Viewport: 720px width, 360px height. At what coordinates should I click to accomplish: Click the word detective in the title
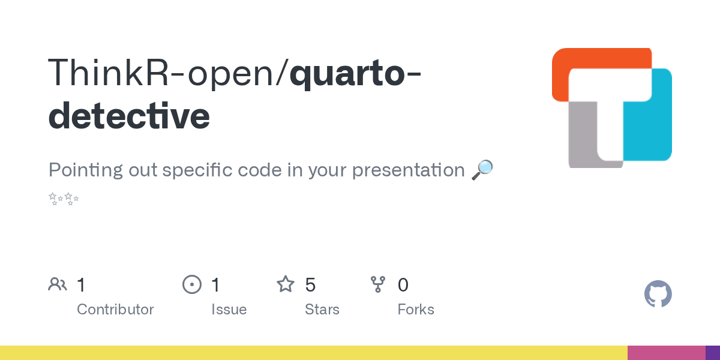click(x=129, y=115)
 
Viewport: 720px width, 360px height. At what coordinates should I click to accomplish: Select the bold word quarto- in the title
click(x=355, y=74)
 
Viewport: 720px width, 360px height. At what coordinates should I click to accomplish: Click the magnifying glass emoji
click(x=482, y=170)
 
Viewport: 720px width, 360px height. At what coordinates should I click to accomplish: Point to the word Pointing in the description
click(x=85, y=170)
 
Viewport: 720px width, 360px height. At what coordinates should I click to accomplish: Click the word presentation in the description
click(x=408, y=170)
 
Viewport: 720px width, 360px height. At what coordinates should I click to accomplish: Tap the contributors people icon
click(x=58, y=284)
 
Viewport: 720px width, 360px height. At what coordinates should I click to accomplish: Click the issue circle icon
click(x=192, y=284)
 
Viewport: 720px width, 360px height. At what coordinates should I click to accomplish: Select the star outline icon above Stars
click(x=286, y=284)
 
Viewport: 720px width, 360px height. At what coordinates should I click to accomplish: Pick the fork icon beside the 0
click(x=378, y=284)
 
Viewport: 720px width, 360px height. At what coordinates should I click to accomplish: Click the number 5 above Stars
click(x=310, y=285)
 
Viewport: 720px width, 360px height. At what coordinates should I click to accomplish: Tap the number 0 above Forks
click(x=403, y=285)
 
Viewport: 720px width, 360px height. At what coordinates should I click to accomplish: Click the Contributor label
click(x=115, y=310)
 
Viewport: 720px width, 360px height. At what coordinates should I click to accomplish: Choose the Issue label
click(x=229, y=310)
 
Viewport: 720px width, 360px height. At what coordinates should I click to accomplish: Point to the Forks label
click(x=416, y=310)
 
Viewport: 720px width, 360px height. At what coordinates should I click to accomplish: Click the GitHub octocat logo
click(x=658, y=294)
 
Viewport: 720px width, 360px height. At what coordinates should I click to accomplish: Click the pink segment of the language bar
click(x=667, y=353)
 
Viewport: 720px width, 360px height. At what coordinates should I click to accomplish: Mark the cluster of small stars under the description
click(x=64, y=199)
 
